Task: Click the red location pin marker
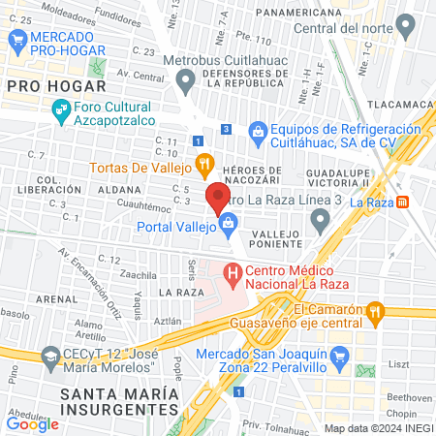pos(217,199)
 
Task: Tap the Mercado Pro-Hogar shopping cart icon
pos(16,39)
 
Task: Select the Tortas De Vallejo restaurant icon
pos(203,163)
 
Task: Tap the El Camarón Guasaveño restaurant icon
pos(378,311)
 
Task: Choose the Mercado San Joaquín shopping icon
pos(338,360)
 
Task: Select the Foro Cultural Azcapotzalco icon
pos(60,113)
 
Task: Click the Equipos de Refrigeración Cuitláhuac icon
pos(258,130)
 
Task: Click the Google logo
pos(32,423)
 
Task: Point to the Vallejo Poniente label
pos(282,241)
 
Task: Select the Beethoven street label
pos(408,396)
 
